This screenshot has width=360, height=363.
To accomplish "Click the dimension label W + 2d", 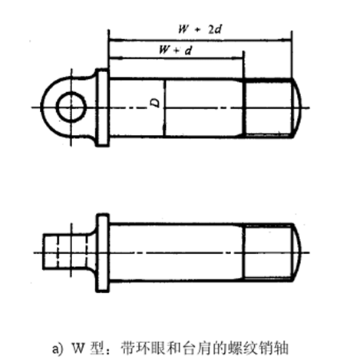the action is tap(200, 29).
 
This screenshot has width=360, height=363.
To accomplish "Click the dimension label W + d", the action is tap(175, 50).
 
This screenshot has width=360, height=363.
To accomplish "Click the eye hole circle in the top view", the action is tap(71, 107).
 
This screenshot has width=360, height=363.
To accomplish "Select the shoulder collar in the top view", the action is tap(102, 107).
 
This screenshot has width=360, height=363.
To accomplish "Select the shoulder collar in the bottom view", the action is tap(102, 252).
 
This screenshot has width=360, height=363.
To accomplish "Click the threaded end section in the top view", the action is tap(268, 107).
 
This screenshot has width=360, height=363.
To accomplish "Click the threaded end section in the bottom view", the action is tap(268, 252).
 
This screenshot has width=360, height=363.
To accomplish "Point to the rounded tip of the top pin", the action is tap(297, 107).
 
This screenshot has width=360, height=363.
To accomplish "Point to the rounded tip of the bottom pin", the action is tap(297, 252).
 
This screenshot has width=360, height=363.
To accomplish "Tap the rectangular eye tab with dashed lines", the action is tap(66, 252).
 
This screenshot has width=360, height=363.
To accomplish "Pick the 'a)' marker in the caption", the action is tap(58, 349).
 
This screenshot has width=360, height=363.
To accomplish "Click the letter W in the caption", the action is tap(78, 348).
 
